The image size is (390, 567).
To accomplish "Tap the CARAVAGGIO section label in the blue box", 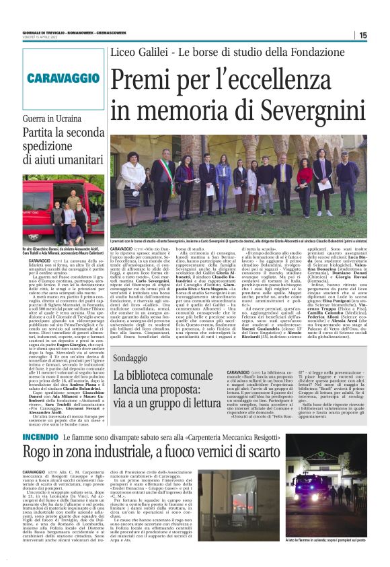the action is point(54,78).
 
